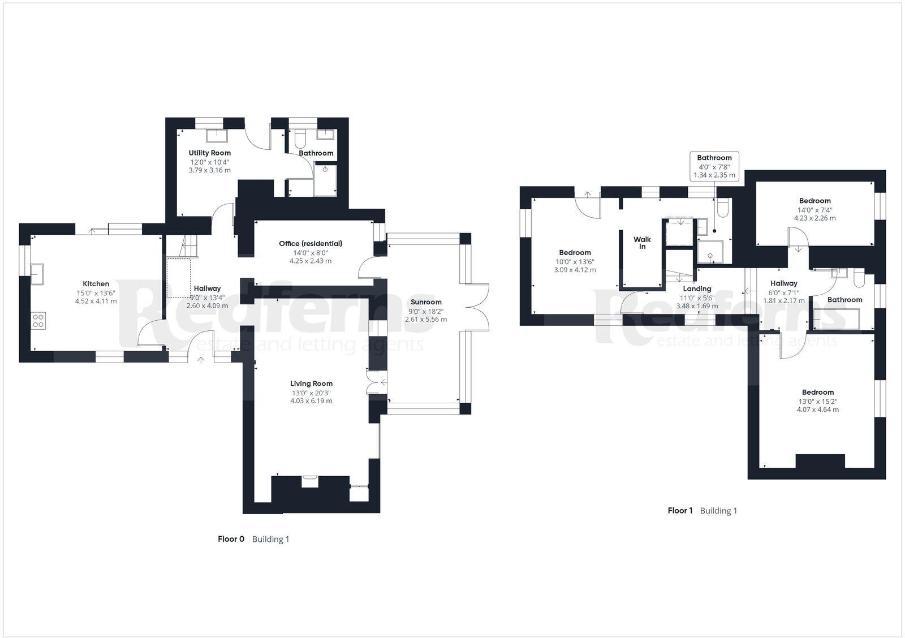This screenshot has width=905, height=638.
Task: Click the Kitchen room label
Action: pos(96,284)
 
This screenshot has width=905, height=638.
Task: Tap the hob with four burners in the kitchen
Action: pos(38,321)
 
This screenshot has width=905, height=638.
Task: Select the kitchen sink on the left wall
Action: pos(38,274)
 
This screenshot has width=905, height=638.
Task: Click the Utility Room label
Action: pos(209,153)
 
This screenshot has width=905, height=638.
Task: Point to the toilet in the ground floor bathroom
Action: pos(300,137)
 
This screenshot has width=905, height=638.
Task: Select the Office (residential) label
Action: pos(311,244)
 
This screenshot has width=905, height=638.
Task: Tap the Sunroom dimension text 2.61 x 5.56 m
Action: pos(425,320)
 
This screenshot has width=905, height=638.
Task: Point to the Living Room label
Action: pos(311,383)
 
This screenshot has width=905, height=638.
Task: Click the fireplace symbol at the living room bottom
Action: pos(309,481)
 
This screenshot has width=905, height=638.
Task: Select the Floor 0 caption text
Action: pos(231,539)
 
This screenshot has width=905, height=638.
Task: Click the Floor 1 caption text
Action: pos(680,511)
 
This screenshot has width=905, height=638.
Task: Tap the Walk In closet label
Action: pos(642,243)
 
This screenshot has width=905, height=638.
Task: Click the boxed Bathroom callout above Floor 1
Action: pos(714,166)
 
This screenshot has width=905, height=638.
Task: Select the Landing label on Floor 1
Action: pos(697,288)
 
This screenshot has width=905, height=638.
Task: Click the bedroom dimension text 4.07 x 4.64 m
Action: pos(817,409)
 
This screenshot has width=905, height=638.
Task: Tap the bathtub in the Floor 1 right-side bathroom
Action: pos(836,318)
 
